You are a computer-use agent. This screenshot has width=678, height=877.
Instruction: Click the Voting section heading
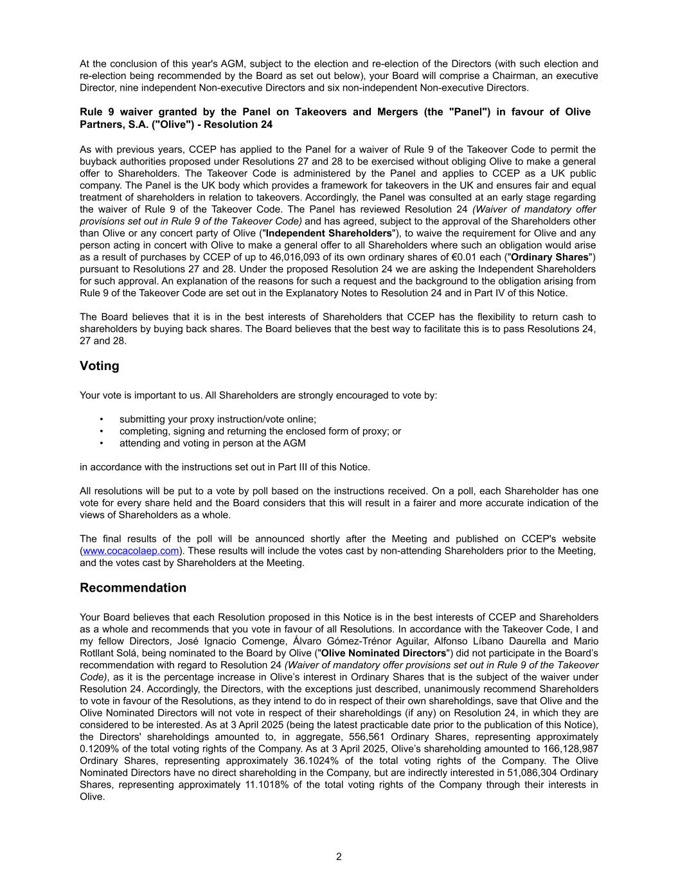[x=100, y=366]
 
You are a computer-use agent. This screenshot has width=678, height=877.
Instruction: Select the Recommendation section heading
[x=133, y=588]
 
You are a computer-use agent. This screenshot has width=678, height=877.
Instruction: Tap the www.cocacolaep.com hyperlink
[x=131, y=551]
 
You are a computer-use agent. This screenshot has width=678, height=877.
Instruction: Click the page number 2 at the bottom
[x=339, y=856]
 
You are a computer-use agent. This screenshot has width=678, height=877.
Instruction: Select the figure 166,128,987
[x=569, y=749]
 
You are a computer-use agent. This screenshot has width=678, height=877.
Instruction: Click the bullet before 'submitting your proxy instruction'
[x=102, y=419]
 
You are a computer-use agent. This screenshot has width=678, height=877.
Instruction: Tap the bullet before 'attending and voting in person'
[x=102, y=443]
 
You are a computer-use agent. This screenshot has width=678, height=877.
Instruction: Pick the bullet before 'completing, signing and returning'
[x=102, y=431]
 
